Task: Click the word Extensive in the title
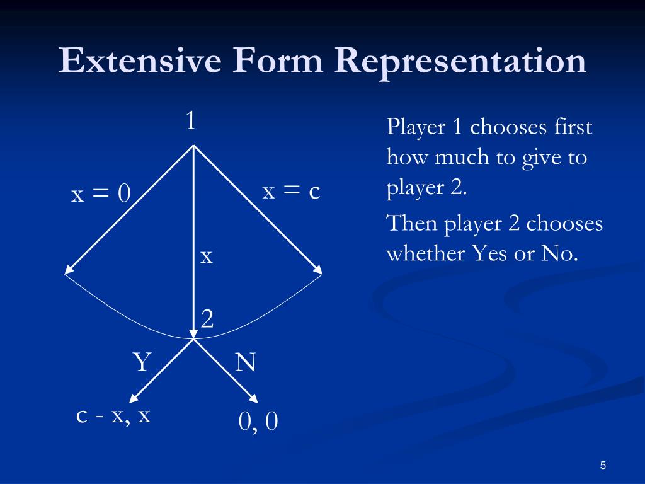[140, 62]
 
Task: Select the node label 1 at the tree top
[191, 120]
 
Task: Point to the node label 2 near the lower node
[207, 320]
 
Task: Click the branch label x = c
[292, 192]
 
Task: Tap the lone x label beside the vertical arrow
[207, 256]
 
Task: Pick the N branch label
[245, 363]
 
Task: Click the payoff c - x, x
[113, 416]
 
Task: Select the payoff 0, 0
[258, 422]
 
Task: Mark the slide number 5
[603, 466]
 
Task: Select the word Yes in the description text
[491, 254]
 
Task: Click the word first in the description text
[574, 127]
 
